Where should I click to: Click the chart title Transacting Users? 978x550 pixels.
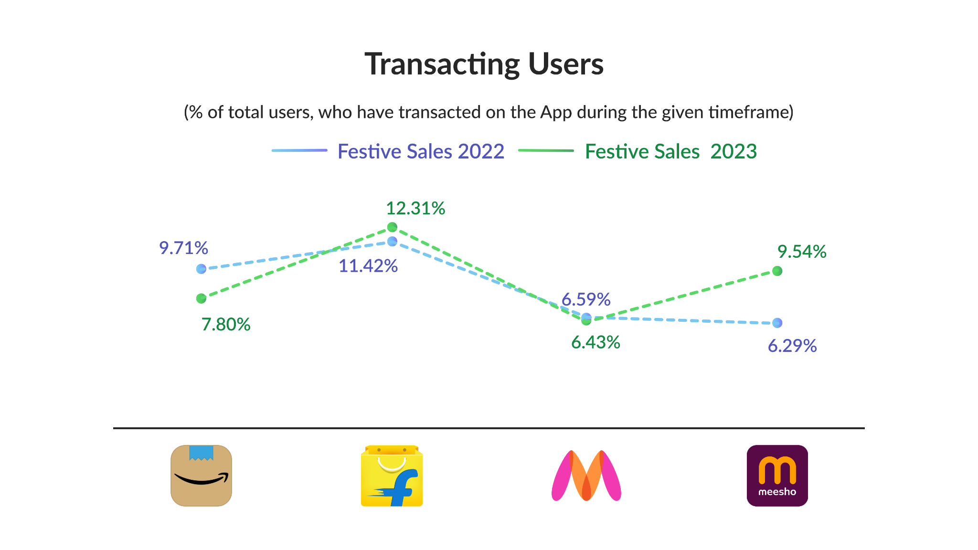(484, 64)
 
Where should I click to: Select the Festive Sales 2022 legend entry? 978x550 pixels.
(421, 151)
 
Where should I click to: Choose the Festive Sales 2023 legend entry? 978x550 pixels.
(670, 151)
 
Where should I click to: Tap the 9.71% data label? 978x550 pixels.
(183, 248)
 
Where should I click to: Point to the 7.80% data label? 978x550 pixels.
(226, 325)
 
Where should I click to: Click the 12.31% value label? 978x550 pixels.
(415, 209)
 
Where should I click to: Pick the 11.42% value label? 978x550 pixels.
(368, 266)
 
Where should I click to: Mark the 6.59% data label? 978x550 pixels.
(586, 300)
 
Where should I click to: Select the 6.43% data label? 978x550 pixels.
(595, 342)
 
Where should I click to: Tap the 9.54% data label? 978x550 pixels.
(802, 252)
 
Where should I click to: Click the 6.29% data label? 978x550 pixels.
(792, 346)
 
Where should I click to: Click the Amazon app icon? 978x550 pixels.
(201, 476)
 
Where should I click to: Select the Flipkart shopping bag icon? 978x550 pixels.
(392, 476)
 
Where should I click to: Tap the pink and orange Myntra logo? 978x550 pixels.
(586, 476)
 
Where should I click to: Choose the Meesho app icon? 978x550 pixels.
(777, 476)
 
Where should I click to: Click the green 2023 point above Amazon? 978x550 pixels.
(201, 298)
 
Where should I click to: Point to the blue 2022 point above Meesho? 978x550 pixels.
(777, 323)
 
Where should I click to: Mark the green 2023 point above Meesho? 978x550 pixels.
(777, 271)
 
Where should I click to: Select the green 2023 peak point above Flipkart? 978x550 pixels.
(392, 227)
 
